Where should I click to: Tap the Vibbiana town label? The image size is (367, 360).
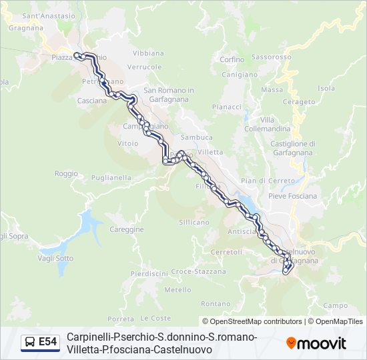click(148, 53)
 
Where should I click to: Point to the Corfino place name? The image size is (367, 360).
click(232, 59)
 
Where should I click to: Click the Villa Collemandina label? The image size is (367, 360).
click(267, 124)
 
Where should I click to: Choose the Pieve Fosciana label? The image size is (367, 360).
click(292, 196)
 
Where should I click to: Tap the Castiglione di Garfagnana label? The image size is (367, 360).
click(293, 147)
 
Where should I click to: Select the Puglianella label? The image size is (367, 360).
click(111, 178)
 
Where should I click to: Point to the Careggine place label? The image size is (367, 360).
click(127, 229)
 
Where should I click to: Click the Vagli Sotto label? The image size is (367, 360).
click(56, 258)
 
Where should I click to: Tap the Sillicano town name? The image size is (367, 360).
click(194, 222)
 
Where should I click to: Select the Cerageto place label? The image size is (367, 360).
click(298, 102)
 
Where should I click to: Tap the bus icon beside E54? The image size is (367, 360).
click(30, 343)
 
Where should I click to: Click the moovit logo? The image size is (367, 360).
click(316, 343)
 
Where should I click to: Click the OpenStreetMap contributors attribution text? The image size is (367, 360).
click(252, 321)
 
